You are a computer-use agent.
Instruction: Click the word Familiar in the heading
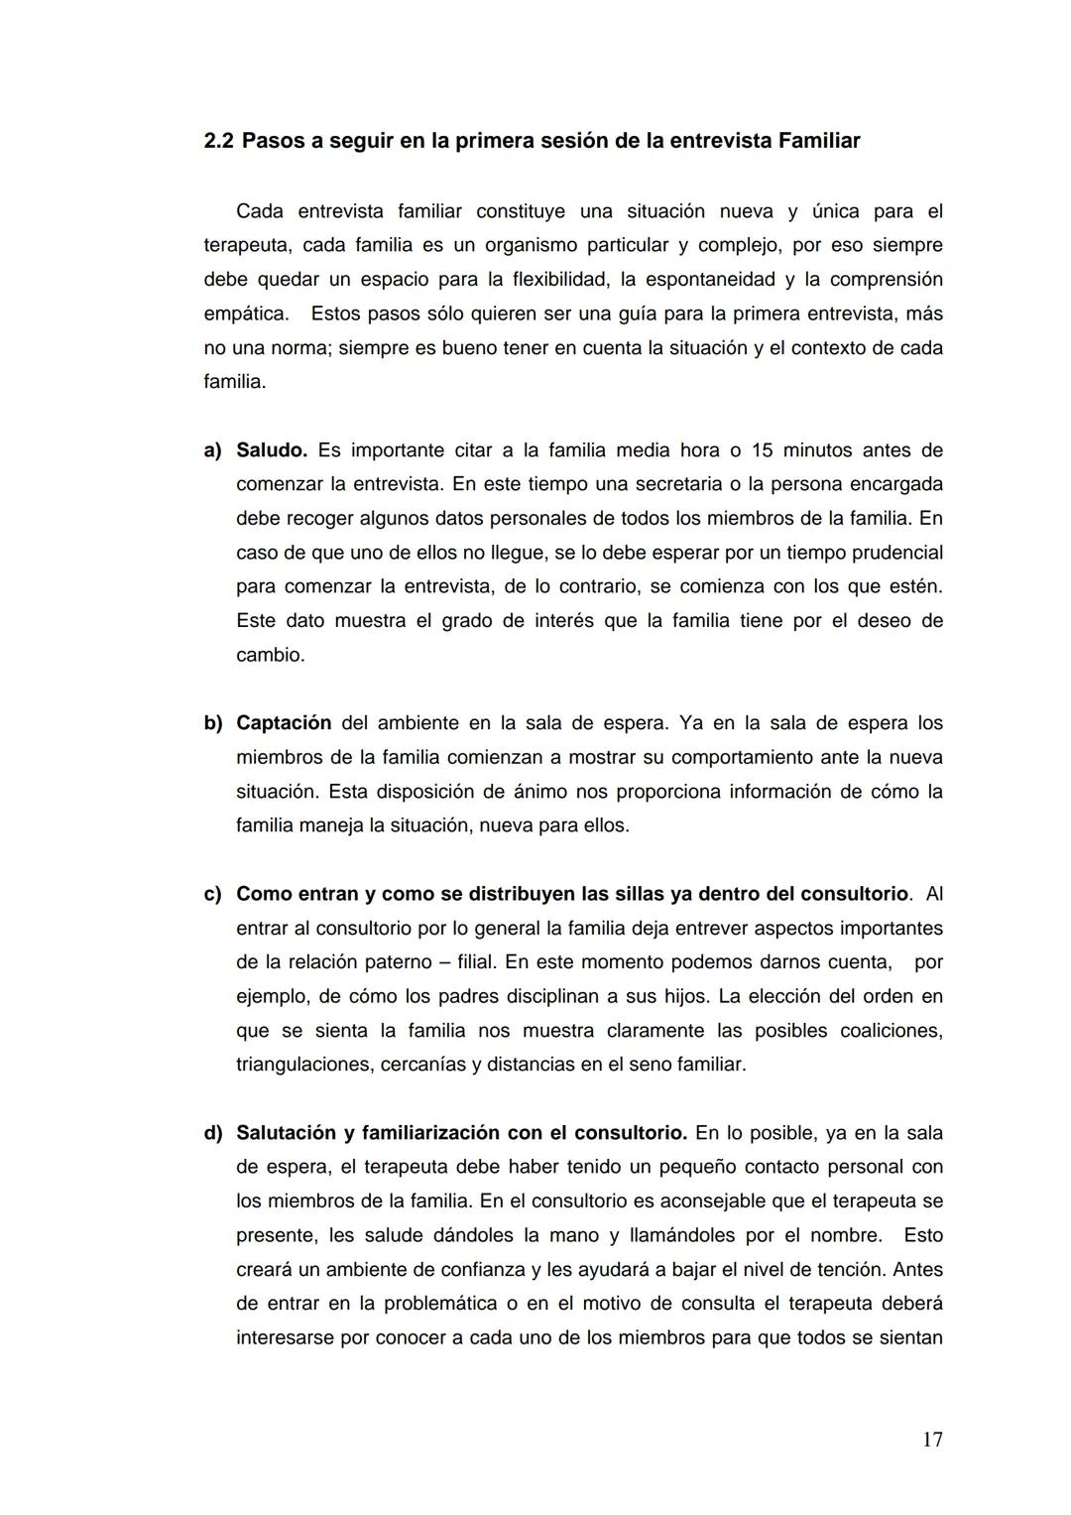coord(818,141)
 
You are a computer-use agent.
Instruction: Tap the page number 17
coord(932,1440)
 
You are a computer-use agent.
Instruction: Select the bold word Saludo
coord(271,450)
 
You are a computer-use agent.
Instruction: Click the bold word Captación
coord(284,723)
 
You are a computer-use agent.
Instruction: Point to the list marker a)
coord(212,450)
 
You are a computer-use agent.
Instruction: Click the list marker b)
coord(212,723)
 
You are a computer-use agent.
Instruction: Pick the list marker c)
coord(212,894)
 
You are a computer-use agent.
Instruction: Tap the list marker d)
coord(212,1133)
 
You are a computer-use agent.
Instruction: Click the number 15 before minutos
coord(762,450)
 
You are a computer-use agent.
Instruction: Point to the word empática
coord(246,314)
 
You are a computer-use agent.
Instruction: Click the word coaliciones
coord(891,1031)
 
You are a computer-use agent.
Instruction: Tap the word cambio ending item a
coord(270,655)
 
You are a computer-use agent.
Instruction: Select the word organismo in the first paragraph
coord(530,245)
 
